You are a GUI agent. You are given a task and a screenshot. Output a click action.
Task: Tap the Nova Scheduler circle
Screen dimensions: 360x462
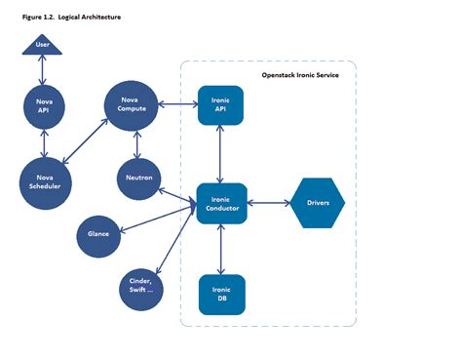coord(46,180)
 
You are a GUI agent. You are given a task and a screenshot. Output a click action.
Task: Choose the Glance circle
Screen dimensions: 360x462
coord(98,233)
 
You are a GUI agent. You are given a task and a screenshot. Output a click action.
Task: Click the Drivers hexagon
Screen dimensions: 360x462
coord(318,203)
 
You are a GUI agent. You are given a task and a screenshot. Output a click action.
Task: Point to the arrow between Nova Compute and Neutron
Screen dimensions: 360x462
coord(134,143)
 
